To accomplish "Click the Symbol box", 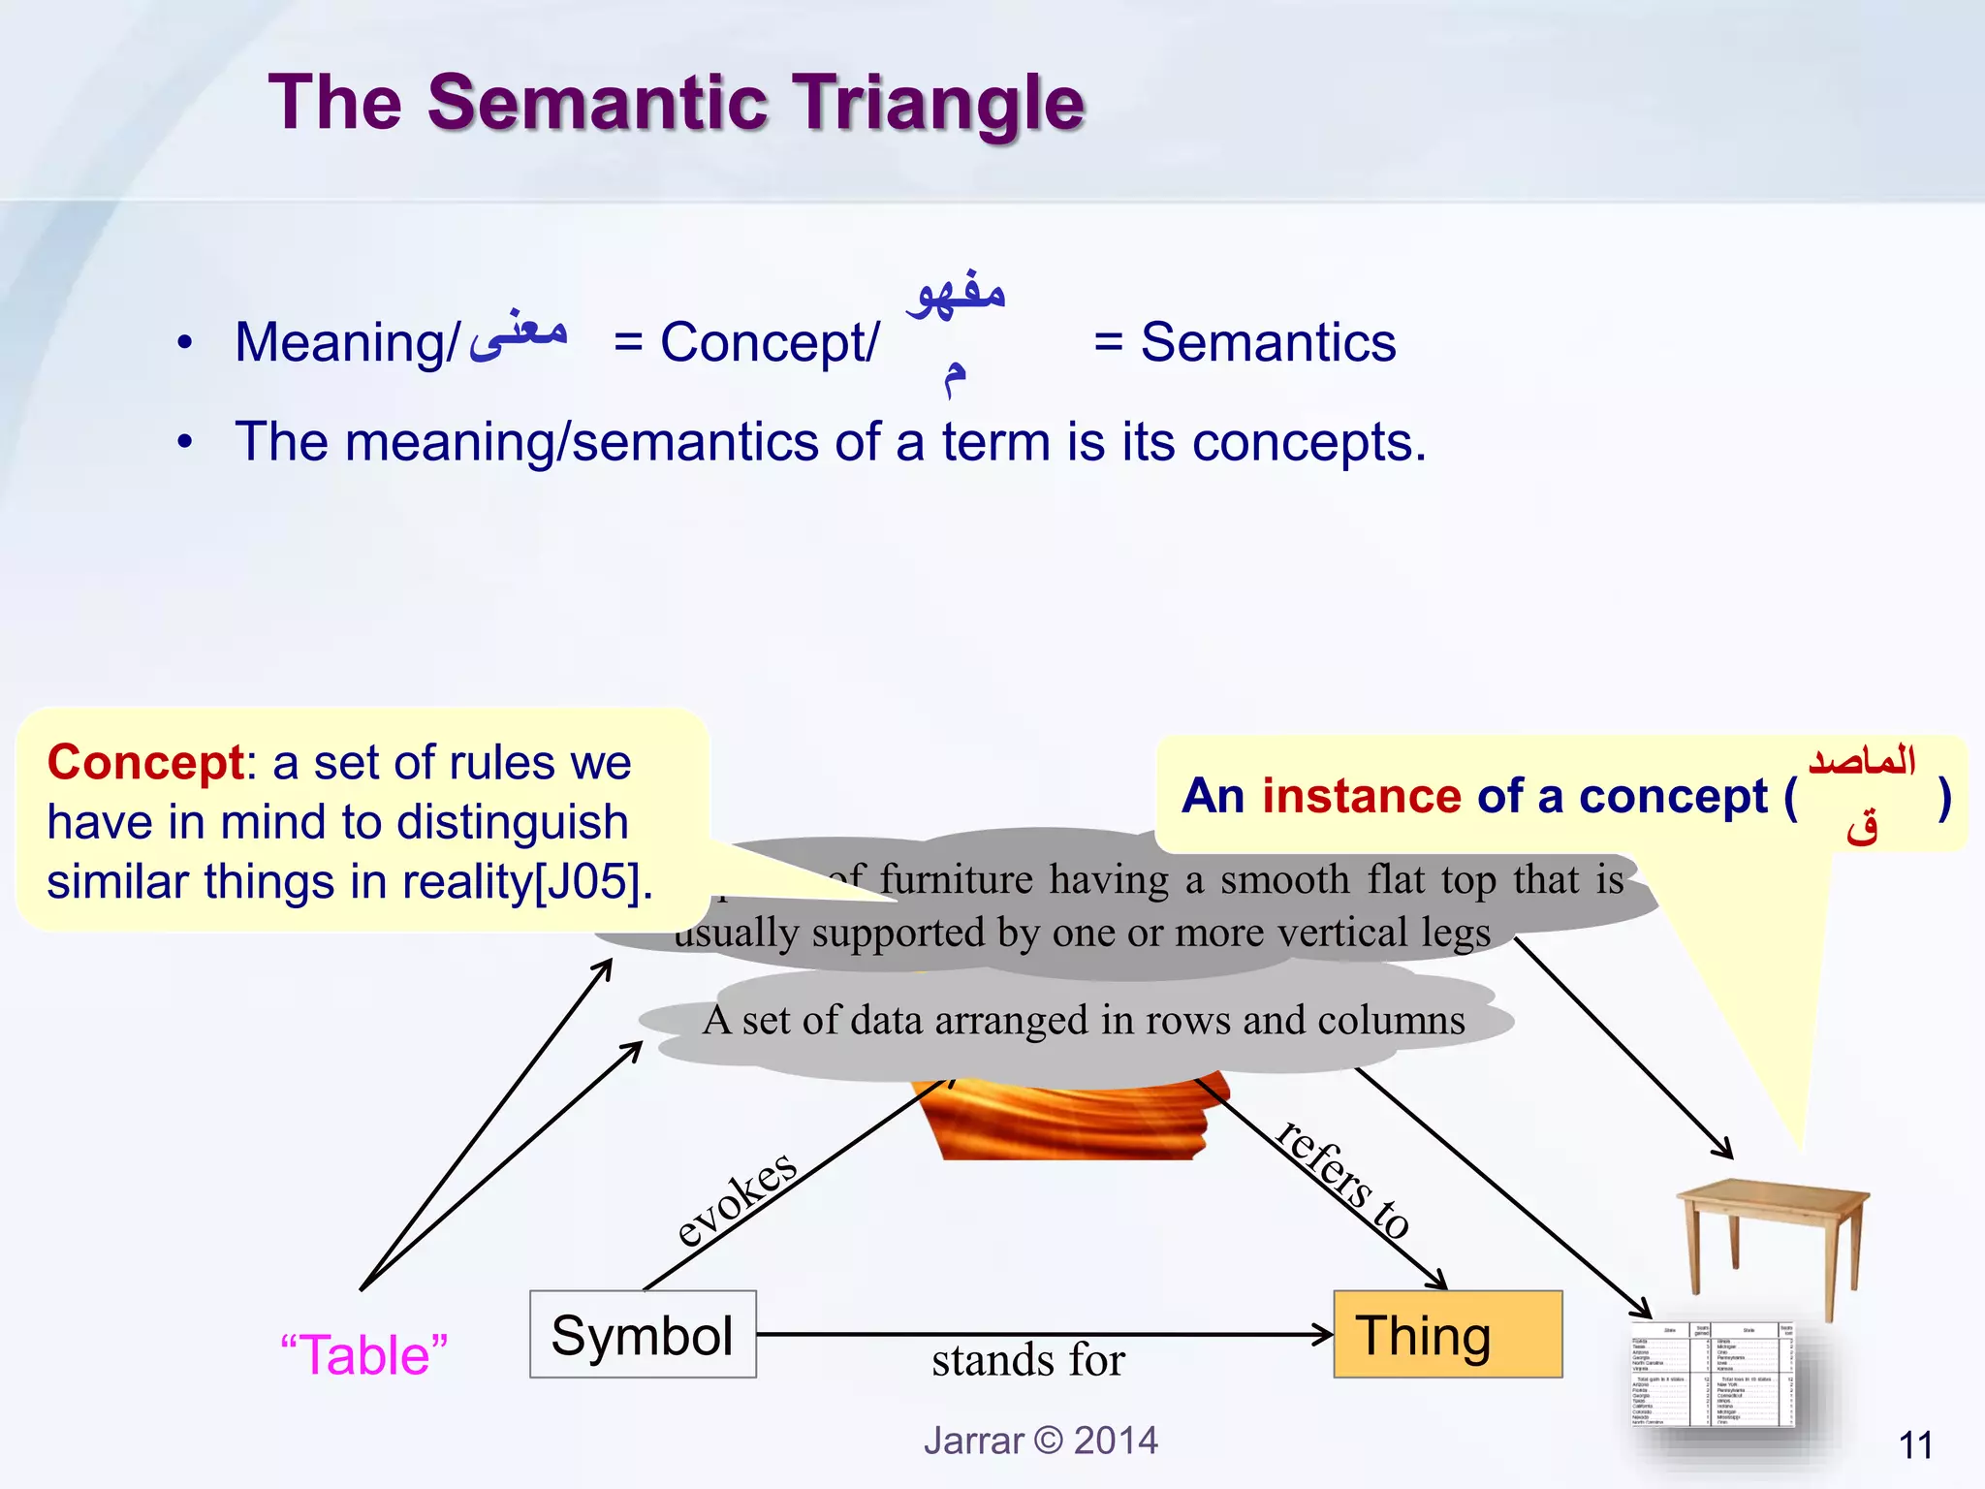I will pyautogui.click(x=643, y=1335).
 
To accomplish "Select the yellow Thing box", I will pyautogui.click(x=1447, y=1335).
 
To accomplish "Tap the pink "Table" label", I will pyautogui.click(x=364, y=1354).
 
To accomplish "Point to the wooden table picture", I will pyautogui.click(x=1772, y=1243).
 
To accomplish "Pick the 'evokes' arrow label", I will pyautogui.click(x=737, y=1200).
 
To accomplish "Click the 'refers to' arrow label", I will pyautogui.click(x=1343, y=1179).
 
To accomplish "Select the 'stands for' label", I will pyautogui.click(x=1027, y=1360).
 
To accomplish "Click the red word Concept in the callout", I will pyautogui.click(x=145, y=763).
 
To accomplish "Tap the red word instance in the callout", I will pyautogui.click(x=1361, y=797).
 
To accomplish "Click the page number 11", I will pyautogui.click(x=1915, y=1445).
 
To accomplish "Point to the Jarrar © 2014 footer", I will pyautogui.click(x=1040, y=1441).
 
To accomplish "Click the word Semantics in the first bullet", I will pyautogui.click(x=1268, y=343).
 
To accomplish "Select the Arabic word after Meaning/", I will pyautogui.click(x=519, y=334).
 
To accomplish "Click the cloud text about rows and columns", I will pyautogui.click(x=1084, y=1021).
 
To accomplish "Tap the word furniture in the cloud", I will pyautogui.click(x=958, y=880).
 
